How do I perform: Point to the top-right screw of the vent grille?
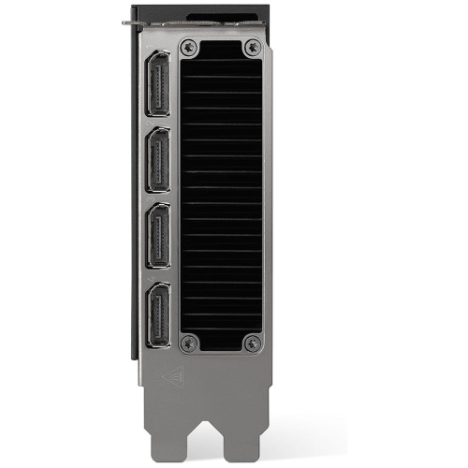click(251, 46)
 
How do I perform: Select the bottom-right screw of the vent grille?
click(251, 344)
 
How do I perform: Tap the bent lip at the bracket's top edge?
click(140, 22)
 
